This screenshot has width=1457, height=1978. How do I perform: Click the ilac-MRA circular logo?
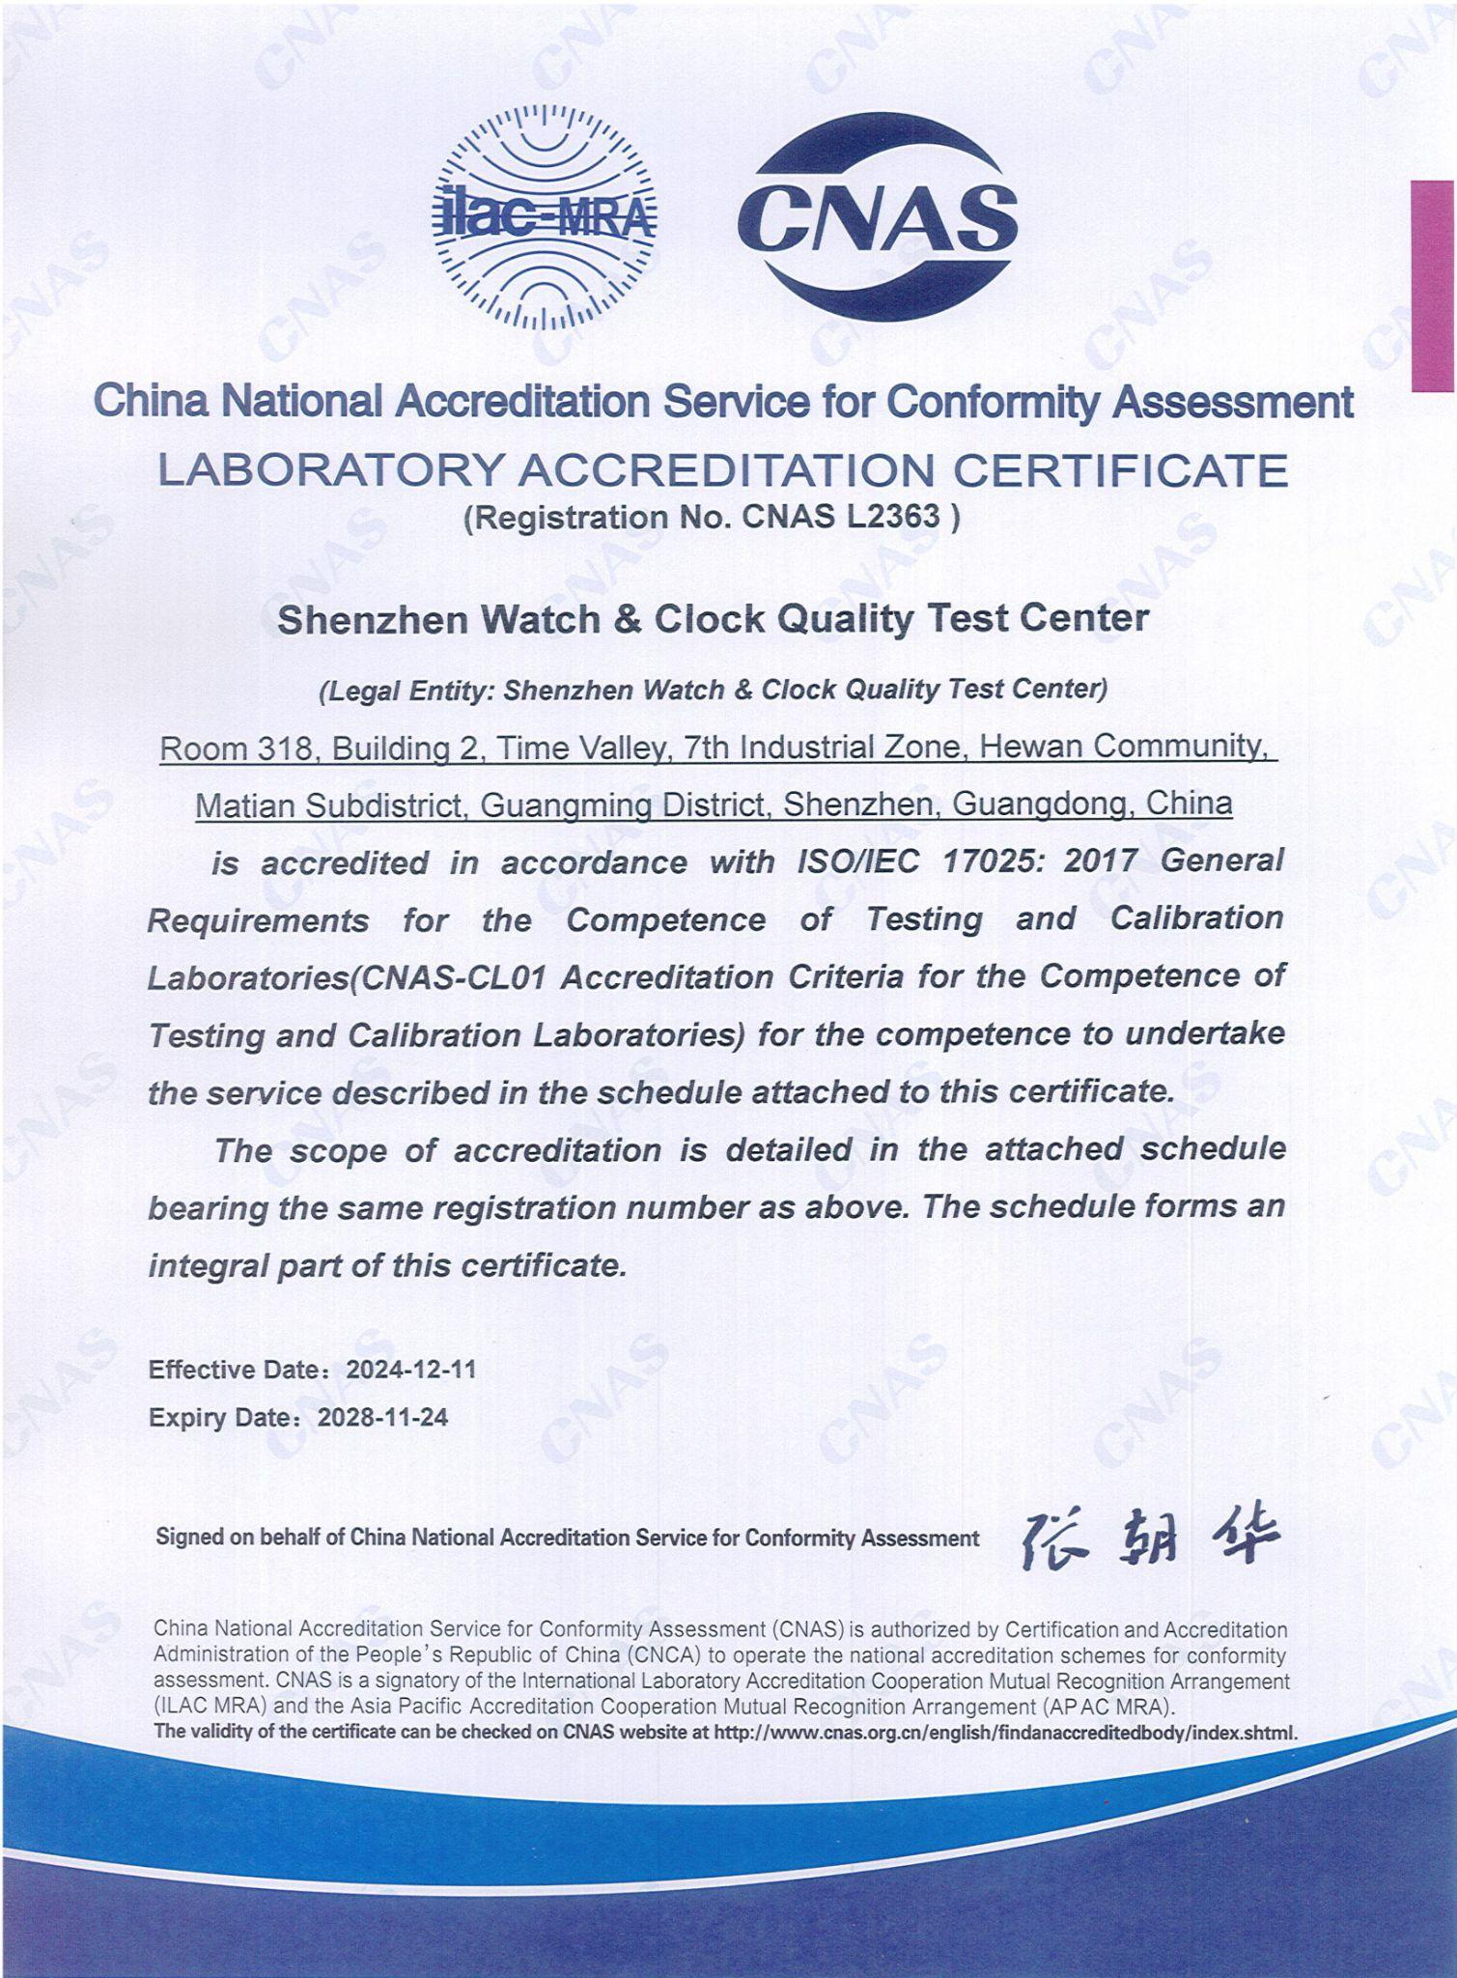tap(543, 217)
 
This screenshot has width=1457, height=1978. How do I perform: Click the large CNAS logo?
tap(877, 217)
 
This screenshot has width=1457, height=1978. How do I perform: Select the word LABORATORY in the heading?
tap(330, 471)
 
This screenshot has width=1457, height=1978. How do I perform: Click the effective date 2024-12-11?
tap(411, 1370)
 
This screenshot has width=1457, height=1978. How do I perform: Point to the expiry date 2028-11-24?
tap(382, 1417)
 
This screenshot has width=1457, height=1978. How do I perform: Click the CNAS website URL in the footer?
tap(1004, 1732)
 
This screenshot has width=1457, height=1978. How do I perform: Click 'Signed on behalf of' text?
tap(250, 1538)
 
